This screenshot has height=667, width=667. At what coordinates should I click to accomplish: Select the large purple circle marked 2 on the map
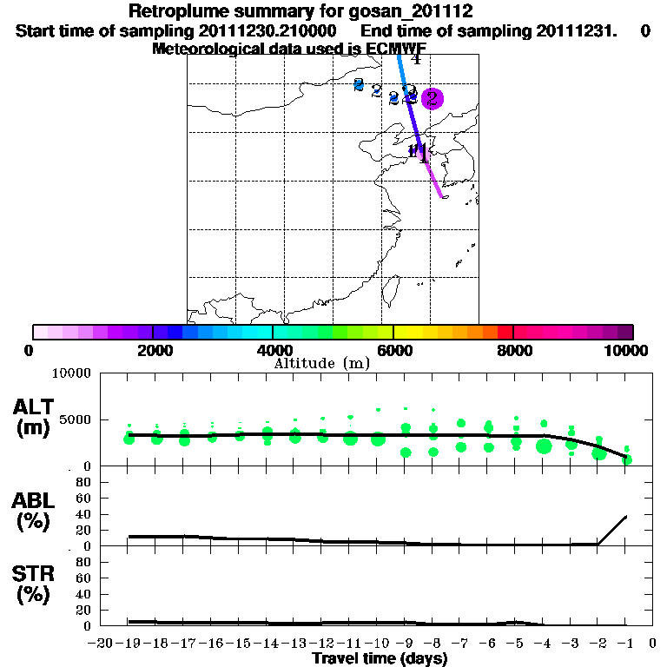(432, 98)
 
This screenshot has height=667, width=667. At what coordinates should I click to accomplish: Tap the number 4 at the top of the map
(416, 59)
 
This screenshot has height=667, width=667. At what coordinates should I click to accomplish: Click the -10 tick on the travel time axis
(376, 644)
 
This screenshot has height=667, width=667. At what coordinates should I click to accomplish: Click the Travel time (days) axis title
(379, 659)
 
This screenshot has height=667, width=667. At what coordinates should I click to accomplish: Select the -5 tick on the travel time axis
(516, 644)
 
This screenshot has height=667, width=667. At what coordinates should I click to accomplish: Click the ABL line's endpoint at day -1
(626, 516)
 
